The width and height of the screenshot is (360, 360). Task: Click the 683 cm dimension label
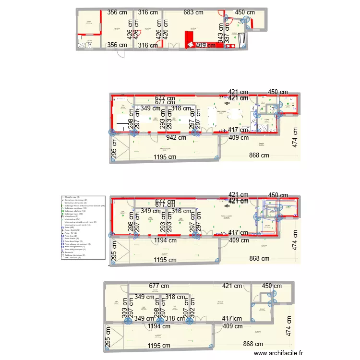pyautogui.click(x=193, y=12)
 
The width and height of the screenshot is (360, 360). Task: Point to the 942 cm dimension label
pyautogui.click(x=176, y=137)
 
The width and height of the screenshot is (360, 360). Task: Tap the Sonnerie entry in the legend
pyautogui.click(x=70, y=252)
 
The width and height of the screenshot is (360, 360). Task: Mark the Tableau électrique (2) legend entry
pyautogui.click(x=75, y=255)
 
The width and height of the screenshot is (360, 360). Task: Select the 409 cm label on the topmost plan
pyautogui.click(x=207, y=45)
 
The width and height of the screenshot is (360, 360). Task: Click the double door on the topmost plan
pyautogui.click(x=173, y=46)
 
